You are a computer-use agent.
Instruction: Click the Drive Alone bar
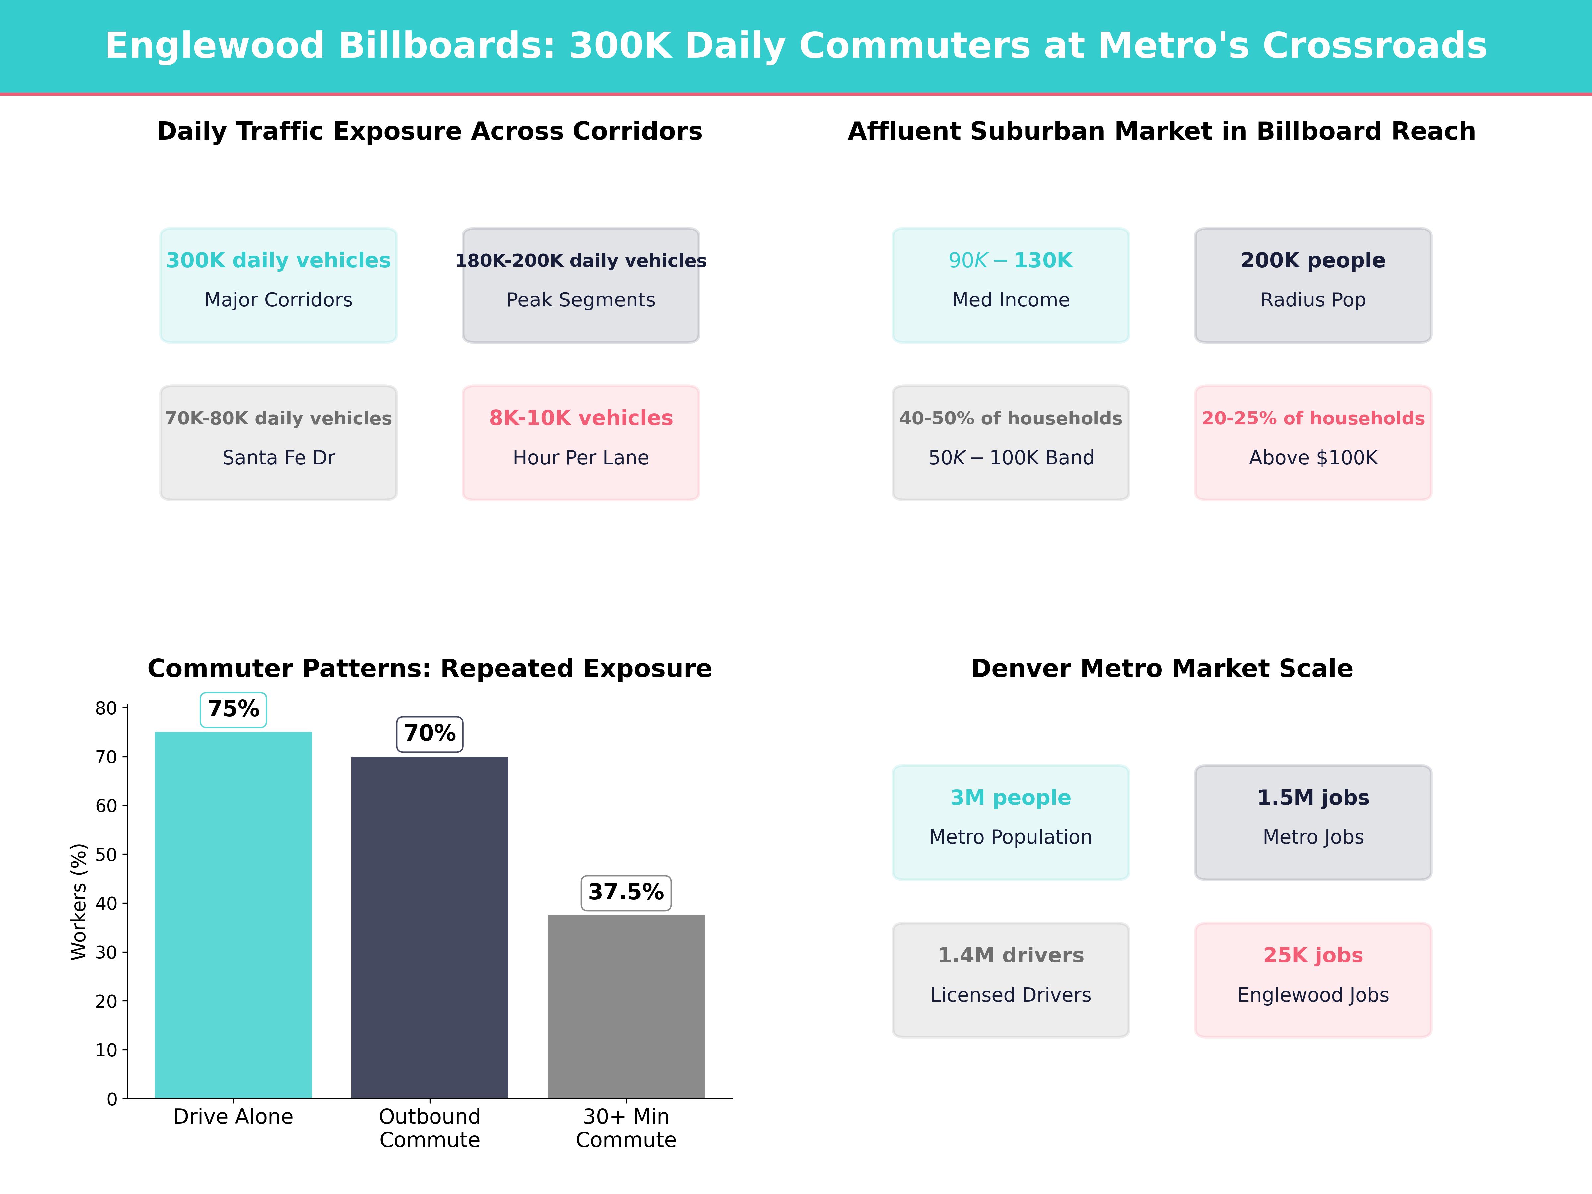(233, 914)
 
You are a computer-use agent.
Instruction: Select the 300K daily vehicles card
(279, 285)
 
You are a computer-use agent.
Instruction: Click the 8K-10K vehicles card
(581, 443)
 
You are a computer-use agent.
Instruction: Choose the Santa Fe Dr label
(279, 458)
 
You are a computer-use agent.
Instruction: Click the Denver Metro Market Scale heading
(1161, 669)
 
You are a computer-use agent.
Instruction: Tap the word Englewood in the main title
(215, 46)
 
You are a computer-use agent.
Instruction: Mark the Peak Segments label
(581, 300)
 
